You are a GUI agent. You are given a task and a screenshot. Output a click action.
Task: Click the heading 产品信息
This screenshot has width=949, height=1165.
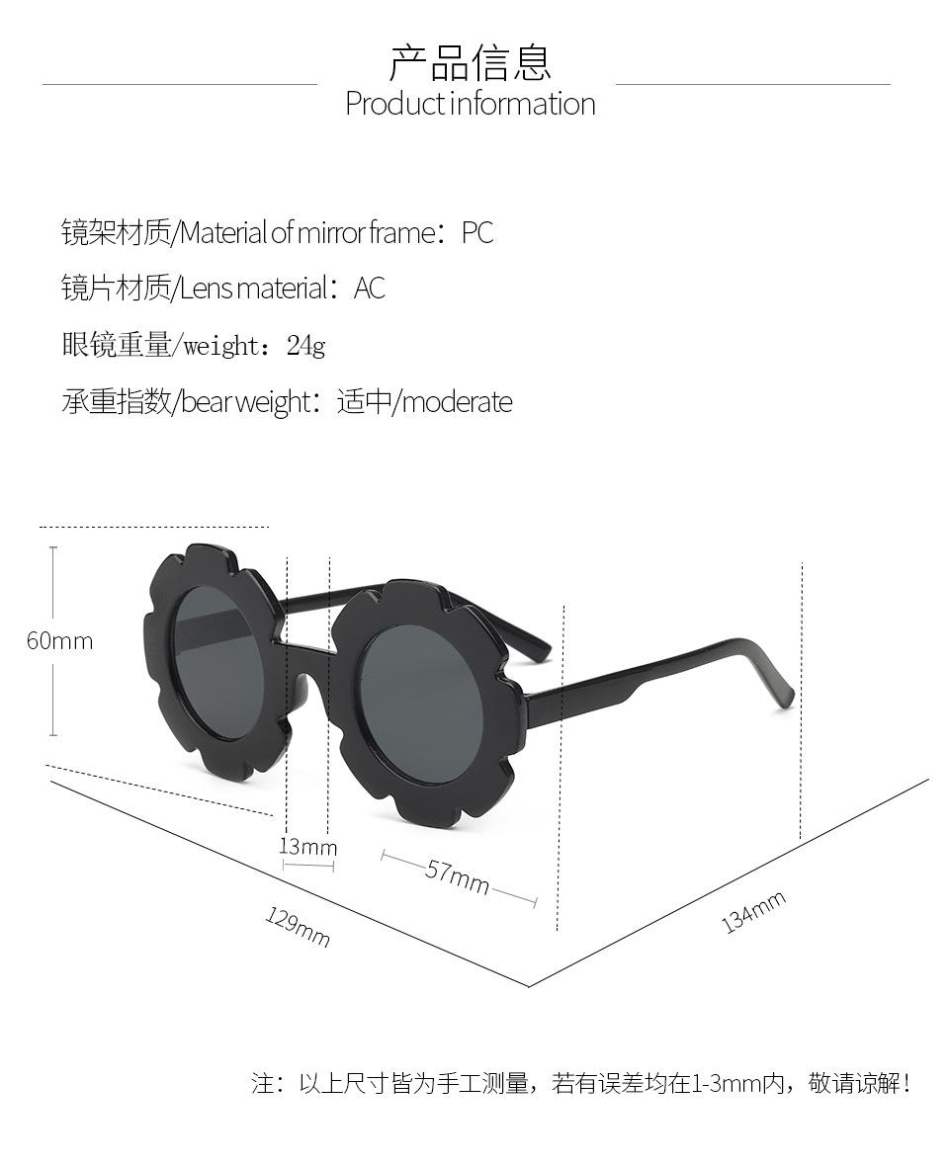tap(470, 62)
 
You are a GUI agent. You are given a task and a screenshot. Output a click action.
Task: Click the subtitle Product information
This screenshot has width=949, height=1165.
tap(470, 104)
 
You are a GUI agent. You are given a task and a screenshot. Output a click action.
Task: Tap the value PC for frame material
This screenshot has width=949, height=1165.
tap(477, 233)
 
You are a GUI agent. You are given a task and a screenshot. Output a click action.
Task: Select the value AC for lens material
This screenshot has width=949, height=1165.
tap(369, 289)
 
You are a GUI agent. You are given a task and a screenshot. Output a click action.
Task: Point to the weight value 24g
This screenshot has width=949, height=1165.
tap(305, 346)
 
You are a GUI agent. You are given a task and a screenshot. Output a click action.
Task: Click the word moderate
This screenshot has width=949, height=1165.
tap(458, 402)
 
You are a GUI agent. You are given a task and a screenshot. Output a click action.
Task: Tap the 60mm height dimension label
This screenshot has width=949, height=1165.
tap(59, 640)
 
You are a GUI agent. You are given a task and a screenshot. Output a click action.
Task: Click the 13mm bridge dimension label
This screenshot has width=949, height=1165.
tap(307, 847)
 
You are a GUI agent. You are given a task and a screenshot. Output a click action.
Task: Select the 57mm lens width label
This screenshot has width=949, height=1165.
tap(458, 875)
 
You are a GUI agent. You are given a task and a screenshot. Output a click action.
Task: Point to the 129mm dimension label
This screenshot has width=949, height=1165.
tap(297, 927)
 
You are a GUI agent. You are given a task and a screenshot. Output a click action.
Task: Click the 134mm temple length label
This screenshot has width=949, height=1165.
tap(753, 911)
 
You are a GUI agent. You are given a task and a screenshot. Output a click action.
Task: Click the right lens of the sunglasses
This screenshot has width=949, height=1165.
tap(420, 704)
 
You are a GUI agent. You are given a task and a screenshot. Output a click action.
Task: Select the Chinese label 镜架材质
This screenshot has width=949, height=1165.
tap(116, 233)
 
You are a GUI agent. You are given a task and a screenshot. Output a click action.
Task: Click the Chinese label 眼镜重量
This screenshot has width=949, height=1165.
tap(116, 346)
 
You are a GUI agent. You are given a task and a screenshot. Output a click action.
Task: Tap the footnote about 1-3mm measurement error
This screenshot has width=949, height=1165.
tap(580, 1083)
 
